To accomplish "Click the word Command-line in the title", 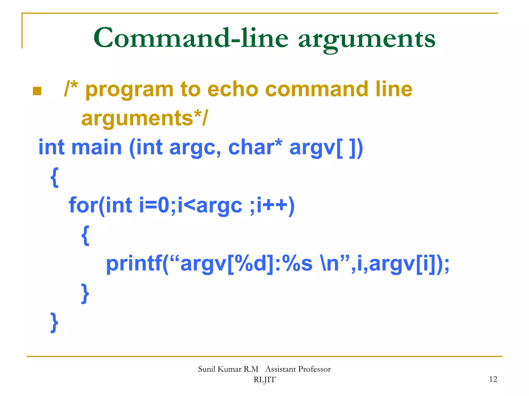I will coord(191,38).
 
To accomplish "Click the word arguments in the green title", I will coord(367,39).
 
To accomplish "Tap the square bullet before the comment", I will coord(37,91).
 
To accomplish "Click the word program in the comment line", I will coord(129,91).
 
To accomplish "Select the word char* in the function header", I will coord(255,147).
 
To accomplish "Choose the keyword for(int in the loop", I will coord(101,205).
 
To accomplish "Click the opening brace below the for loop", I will coord(85,235).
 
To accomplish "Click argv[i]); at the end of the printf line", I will coord(409,264).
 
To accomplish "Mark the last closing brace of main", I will coord(54,323).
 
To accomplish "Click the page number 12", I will coord(493,379).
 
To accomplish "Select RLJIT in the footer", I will coord(264,380).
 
